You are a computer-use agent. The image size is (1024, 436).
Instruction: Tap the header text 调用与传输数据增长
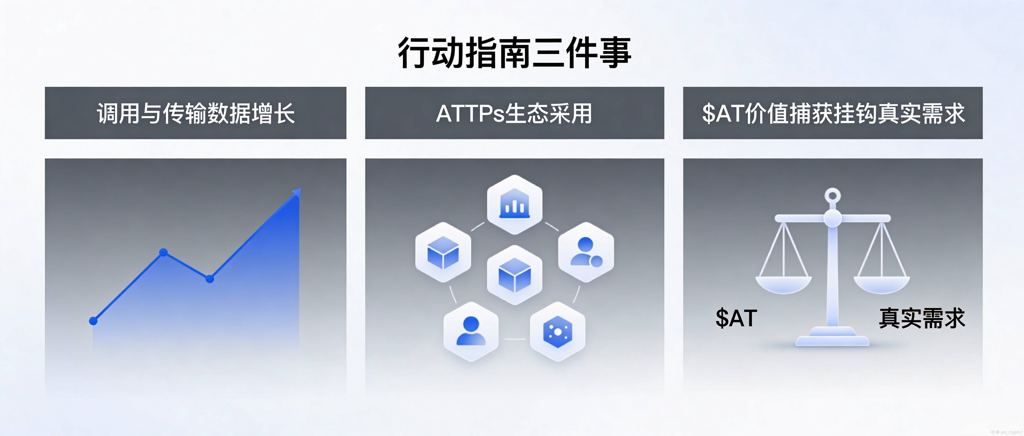[x=196, y=113]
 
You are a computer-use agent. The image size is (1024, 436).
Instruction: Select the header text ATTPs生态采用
[x=514, y=113]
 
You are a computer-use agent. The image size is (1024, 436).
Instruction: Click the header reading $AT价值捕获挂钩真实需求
[x=833, y=113]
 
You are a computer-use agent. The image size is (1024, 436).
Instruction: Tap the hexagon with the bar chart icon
[x=514, y=204]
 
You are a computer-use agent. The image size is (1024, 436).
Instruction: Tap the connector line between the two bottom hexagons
[x=514, y=339]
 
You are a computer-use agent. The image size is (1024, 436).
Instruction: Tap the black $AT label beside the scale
[x=736, y=318]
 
